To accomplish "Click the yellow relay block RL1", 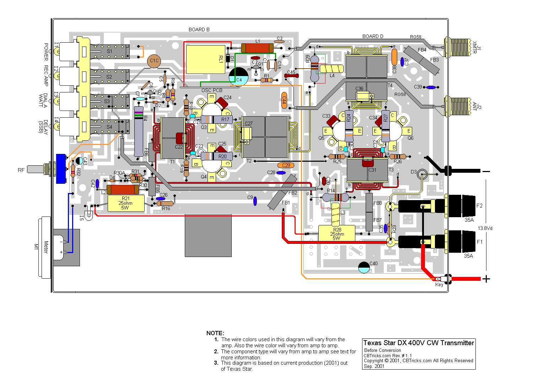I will click(x=205, y=59).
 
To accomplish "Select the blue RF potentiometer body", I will click(x=61, y=169).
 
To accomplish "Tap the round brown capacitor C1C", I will click(x=154, y=61).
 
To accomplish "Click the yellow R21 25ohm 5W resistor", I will click(x=126, y=203).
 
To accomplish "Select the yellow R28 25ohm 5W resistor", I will click(x=337, y=233).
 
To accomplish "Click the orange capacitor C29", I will click(x=286, y=165).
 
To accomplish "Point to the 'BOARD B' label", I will click(x=199, y=30).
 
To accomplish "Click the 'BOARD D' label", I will click(x=373, y=36).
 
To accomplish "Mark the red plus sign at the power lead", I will click(x=486, y=279).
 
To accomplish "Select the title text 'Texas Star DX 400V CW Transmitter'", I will click(x=419, y=343).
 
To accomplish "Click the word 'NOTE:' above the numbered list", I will click(x=215, y=333).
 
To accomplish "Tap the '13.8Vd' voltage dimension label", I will click(x=485, y=228).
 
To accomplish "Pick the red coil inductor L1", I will click(x=257, y=48).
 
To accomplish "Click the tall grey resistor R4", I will click(x=139, y=131).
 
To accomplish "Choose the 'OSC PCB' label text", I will click(x=212, y=90).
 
